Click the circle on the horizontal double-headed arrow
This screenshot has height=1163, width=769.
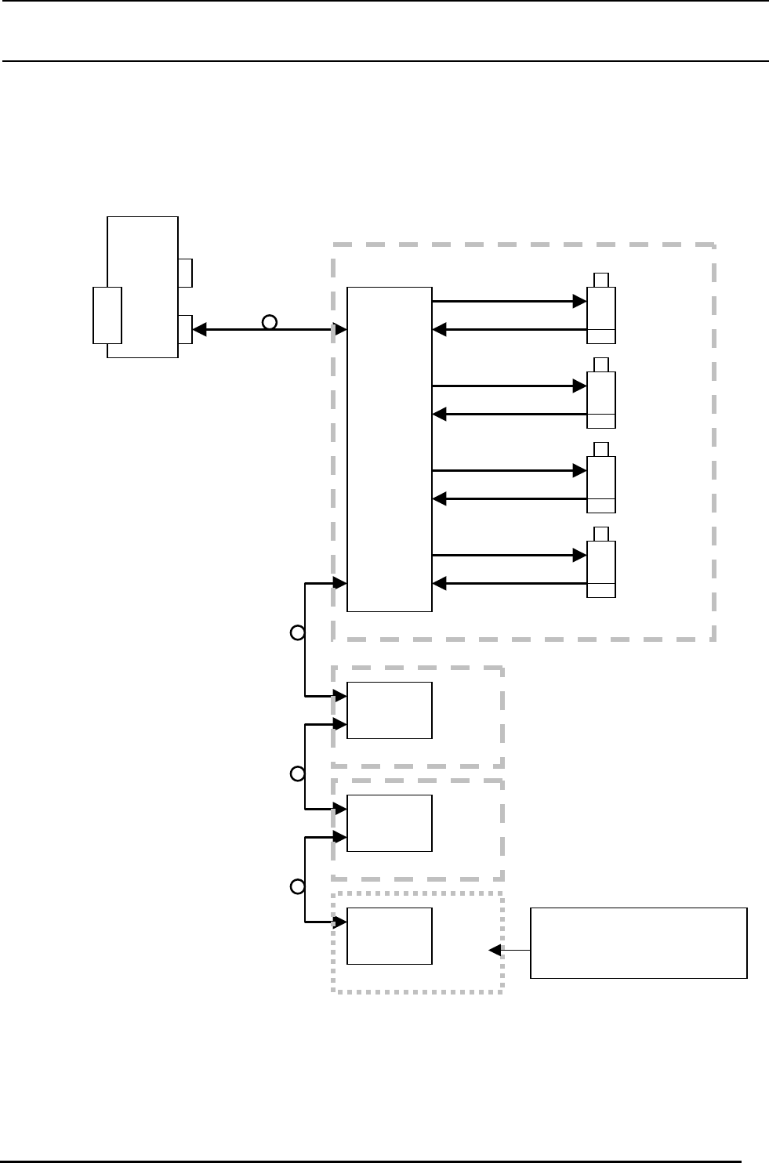(269, 322)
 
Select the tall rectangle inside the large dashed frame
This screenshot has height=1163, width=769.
(389, 449)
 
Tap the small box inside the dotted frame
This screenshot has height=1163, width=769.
(389, 936)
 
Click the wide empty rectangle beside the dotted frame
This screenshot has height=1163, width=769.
(638, 943)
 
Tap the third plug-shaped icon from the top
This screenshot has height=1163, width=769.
(601, 478)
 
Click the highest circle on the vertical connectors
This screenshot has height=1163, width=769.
(297, 632)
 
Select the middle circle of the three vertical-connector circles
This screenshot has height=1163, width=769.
(297, 774)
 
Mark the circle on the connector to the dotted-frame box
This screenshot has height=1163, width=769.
(297, 887)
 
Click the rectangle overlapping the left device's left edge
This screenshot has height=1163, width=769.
(107, 315)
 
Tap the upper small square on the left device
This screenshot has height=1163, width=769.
(185, 273)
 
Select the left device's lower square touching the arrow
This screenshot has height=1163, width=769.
(185, 329)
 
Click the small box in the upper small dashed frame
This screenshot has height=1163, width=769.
(389, 710)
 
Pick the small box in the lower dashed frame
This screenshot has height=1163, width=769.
(389, 823)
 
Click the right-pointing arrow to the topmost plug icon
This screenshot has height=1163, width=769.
(510, 301)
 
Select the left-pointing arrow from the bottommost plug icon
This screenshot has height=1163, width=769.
(510, 584)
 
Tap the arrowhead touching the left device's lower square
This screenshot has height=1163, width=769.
(199, 330)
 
